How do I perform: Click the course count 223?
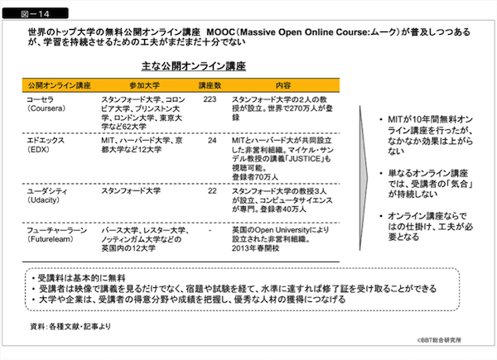click(x=209, y=98)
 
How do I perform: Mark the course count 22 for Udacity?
click(x=211, y=190)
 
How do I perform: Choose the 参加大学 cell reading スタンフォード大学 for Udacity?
click(x=127, y=191)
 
